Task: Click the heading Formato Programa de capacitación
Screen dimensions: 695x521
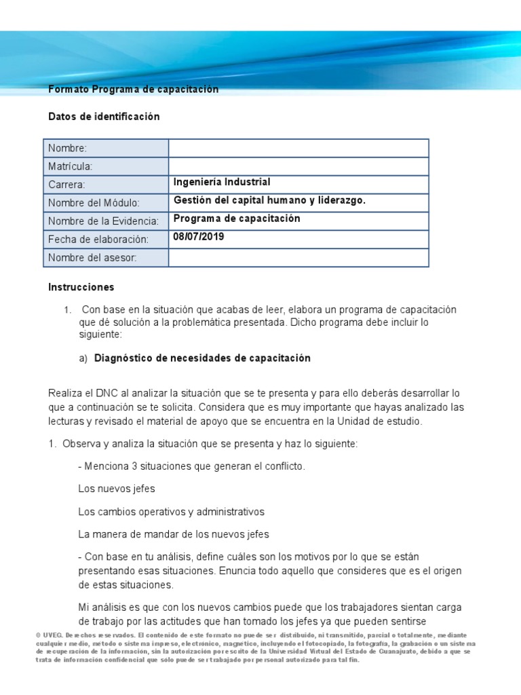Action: tap(134, 90)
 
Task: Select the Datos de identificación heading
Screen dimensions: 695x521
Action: tap(104, 117)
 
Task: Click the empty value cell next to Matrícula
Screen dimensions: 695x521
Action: tap(298, 167)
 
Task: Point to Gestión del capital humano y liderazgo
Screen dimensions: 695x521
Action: tap(269, 201)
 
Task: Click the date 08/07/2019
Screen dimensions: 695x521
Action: tap(199, 238)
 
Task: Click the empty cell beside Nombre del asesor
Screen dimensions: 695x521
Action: tap(298, 258)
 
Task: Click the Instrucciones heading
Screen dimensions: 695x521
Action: tap(81, 288)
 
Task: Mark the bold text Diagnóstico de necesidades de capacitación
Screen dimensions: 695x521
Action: tap(202, 358)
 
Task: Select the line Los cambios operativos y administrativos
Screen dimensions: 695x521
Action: tap(172, 511)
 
